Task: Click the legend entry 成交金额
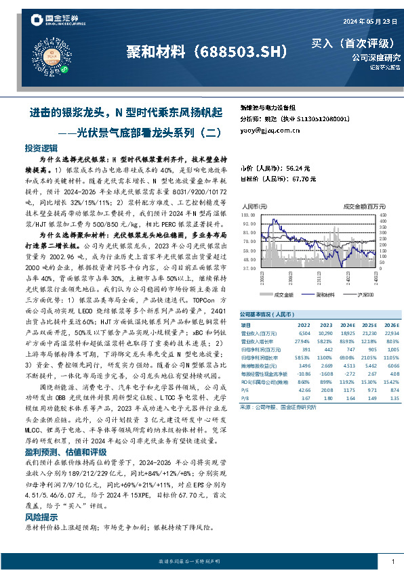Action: [283, 294]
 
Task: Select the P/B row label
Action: [245, 399]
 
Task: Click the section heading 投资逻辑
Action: [41, 148]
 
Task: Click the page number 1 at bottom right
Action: [393, 562]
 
